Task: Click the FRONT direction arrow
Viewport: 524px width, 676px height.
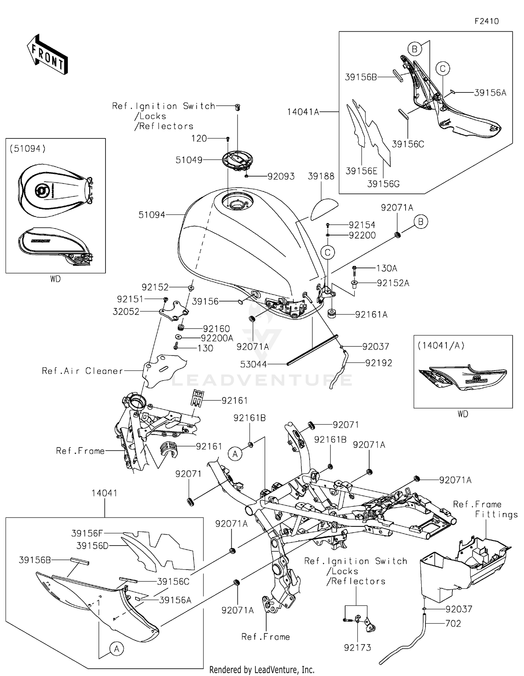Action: pos(48,55)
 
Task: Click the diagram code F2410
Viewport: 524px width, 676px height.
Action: pos(487,21)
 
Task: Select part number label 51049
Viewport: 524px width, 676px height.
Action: pos(189,160)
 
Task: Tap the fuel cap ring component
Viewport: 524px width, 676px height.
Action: pos(238,161)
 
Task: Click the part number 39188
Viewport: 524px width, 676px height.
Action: pos(321,176)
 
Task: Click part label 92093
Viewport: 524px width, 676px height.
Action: pos(281,176)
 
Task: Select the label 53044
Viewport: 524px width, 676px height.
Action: pos(254,365)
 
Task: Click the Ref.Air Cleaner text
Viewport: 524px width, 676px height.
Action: pos(82,371)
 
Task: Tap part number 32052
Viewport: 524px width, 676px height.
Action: pos(126,311)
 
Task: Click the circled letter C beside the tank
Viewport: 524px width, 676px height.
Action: pos(328,253)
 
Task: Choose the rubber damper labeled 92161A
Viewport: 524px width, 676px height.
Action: pos(332,313)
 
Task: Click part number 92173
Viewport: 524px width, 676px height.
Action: pos(357,647)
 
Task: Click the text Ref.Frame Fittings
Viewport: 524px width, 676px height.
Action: pos(486,509)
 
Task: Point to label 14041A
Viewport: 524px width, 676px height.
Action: pos(303,112)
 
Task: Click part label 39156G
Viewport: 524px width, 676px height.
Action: pos(383,184)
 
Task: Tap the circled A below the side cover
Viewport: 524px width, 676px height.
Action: pos(117,648)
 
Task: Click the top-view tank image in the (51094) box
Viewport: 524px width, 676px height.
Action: pos(55,190)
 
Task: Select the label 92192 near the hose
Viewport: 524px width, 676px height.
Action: pos(379,363)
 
